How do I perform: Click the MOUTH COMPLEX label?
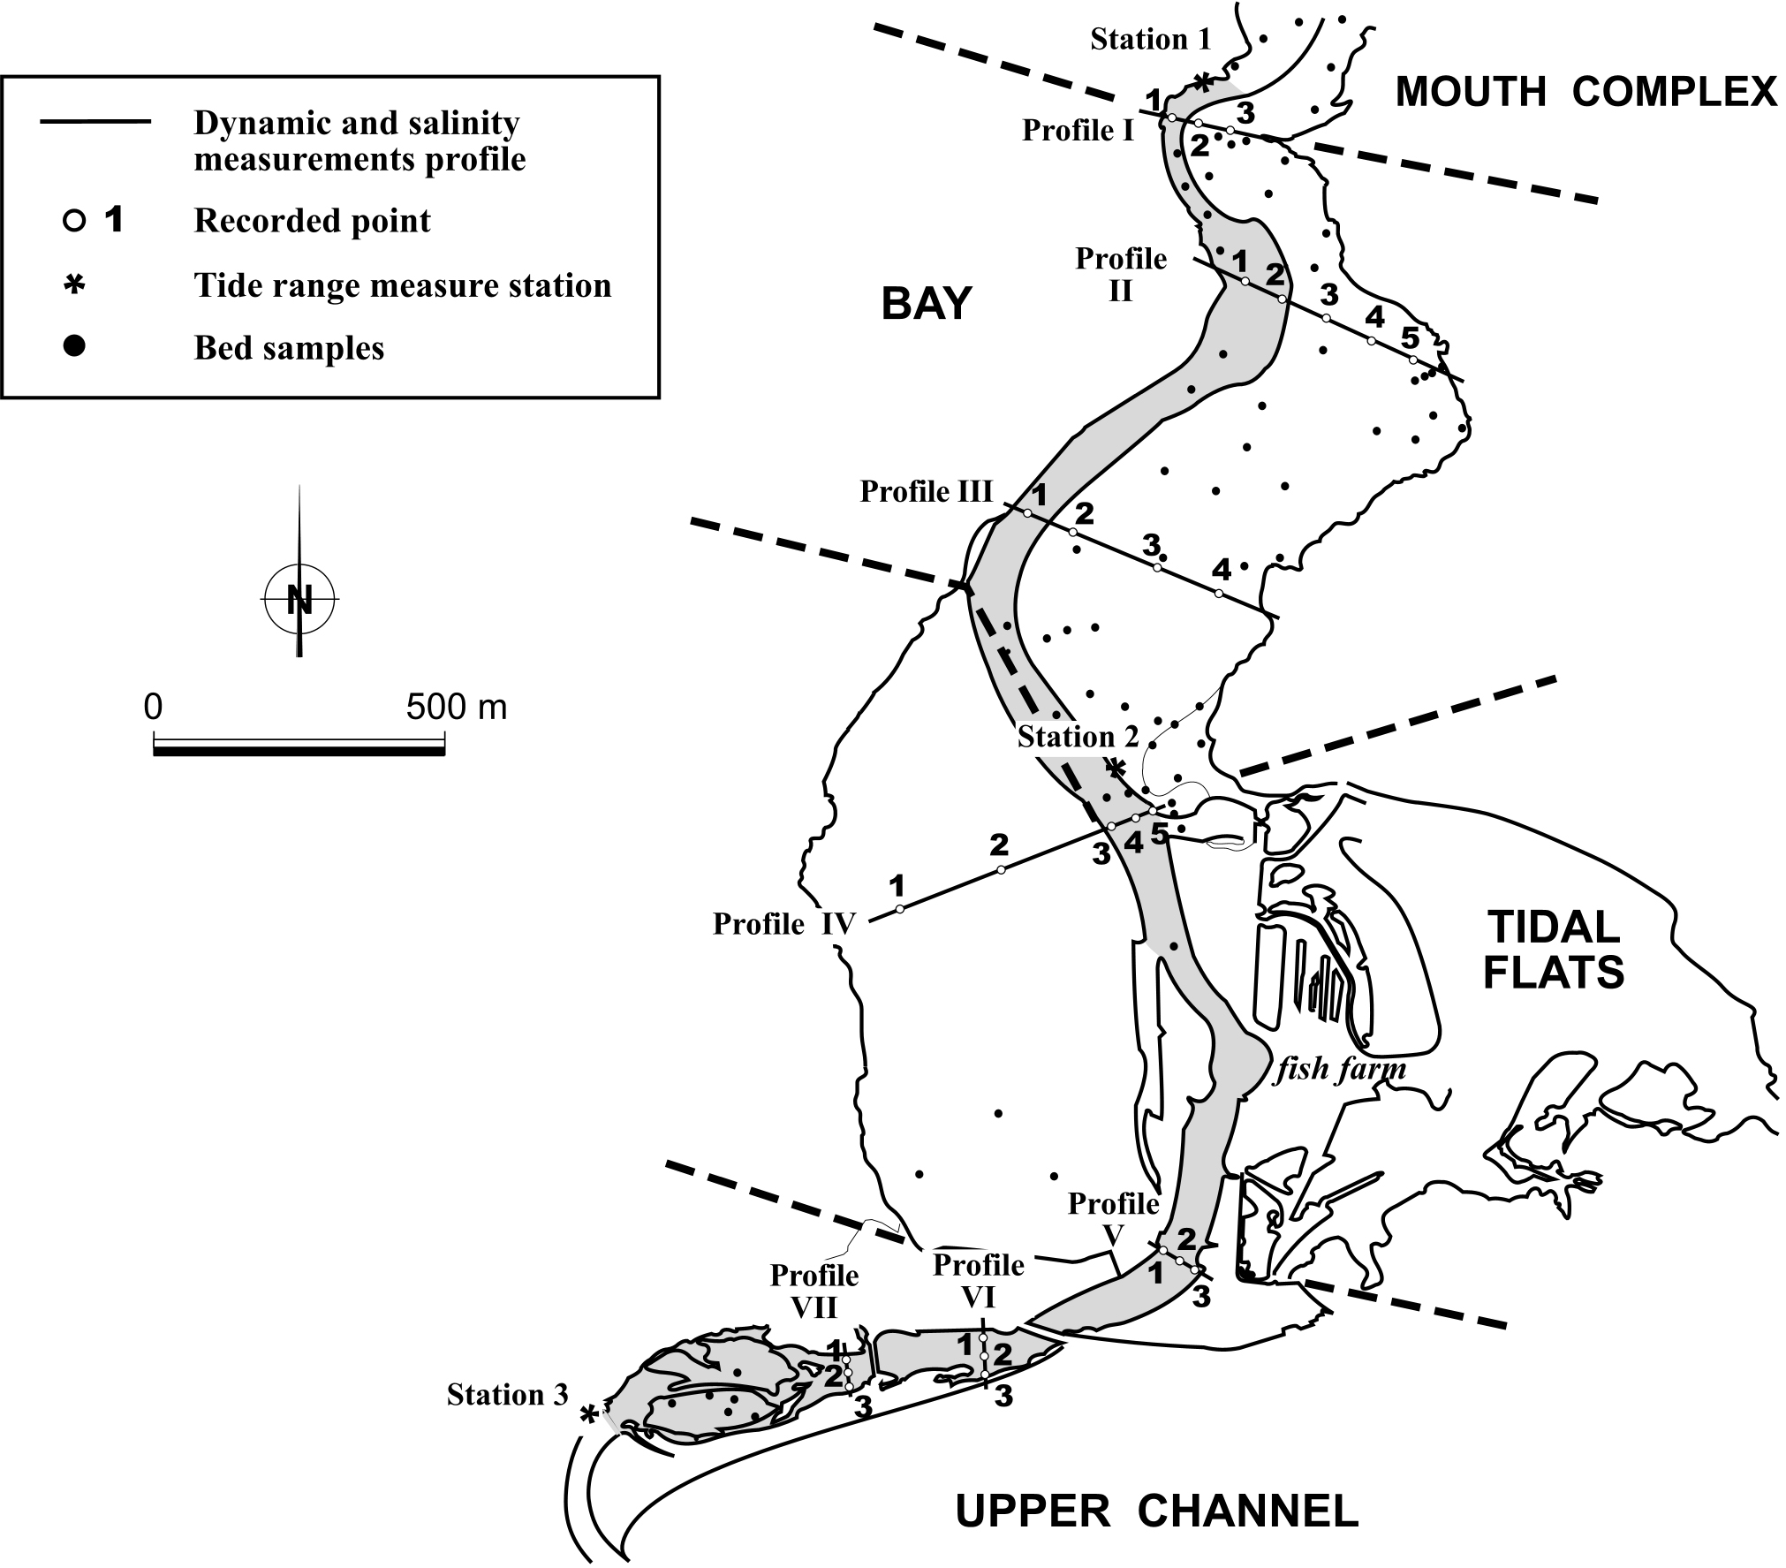1585,92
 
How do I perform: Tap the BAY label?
926,304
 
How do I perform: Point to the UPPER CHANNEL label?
1157,1511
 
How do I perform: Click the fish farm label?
1341,1069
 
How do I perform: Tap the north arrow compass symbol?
299,600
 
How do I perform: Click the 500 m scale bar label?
457,708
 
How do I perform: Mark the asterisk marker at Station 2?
1116,769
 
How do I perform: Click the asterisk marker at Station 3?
588,1414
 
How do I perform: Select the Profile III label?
927,491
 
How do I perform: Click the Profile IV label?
784,924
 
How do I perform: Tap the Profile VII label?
814,1291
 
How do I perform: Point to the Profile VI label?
979,1280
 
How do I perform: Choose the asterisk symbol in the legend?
75,284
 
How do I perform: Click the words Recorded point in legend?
312,221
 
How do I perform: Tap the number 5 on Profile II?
1409,337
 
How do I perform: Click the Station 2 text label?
1078,737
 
